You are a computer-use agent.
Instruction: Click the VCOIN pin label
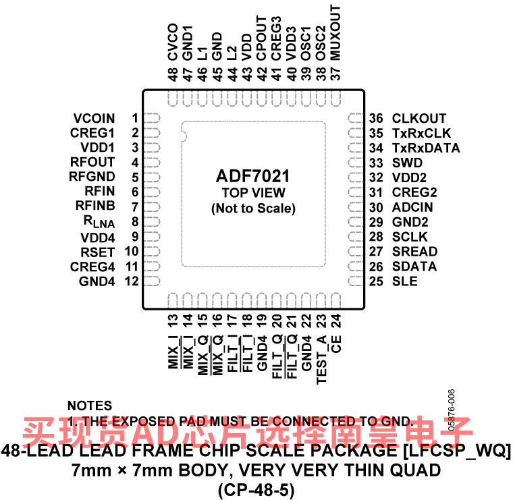[94, 118]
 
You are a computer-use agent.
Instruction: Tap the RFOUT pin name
[92, 163]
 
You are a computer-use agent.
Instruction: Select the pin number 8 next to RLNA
[135, 221]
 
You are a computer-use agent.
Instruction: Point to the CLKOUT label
[419, 118]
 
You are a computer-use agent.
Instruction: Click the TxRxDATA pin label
[425, 148]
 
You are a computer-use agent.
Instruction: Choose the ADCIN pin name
[412, 207]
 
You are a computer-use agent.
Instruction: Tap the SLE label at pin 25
[404, 281]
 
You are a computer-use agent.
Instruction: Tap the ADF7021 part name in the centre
[253, 177]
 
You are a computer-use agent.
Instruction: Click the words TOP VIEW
[253, 194]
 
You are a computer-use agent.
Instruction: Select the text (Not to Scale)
[253, 209]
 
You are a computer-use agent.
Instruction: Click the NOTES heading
[90, 406]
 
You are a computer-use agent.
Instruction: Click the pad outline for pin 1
[153, 118]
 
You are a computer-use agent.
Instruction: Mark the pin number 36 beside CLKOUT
[376, 118]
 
